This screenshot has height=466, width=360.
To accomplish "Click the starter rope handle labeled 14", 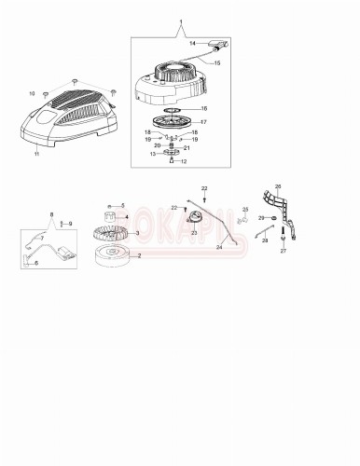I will [x=220, y=43].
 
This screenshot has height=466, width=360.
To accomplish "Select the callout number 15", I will [x=216, y=63].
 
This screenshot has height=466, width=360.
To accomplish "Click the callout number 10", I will [x=31, y=93].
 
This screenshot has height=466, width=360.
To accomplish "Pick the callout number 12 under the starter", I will [x=184, y=161].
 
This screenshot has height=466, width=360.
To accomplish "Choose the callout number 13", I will [x=153, y=154].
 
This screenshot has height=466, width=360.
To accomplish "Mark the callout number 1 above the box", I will [x=182, y=21].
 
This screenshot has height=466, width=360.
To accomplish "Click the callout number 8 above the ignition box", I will [x=52, y=215].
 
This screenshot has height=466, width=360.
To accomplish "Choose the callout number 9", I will [x=69, y=225].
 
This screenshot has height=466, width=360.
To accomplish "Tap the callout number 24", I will [x=220, y=248].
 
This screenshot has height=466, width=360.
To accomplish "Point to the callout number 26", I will [x=277, y=186].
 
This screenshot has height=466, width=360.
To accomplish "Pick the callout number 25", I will [x=245, y=210].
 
